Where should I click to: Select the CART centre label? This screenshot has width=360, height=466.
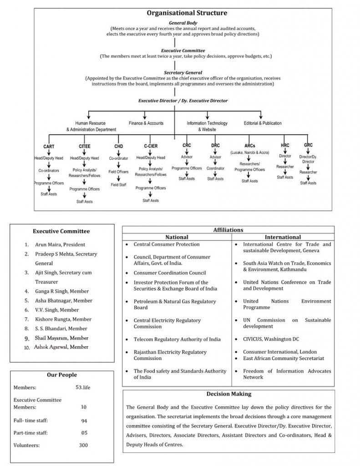49,147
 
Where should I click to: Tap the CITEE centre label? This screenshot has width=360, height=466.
85,147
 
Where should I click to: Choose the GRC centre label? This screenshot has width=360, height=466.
308,145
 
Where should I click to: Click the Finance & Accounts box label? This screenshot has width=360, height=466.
146,123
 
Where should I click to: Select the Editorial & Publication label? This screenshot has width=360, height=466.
263,123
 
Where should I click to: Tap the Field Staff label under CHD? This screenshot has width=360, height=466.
118,185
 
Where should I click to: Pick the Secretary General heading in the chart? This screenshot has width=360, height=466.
176,72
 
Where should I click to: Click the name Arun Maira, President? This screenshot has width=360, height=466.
60,244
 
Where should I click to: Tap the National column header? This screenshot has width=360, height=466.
177,237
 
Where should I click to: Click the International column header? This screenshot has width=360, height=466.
283,237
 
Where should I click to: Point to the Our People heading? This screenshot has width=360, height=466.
62,375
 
